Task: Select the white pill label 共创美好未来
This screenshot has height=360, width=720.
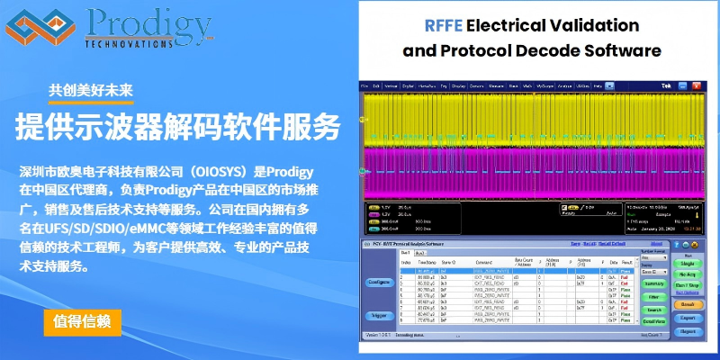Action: (x=91, y=90)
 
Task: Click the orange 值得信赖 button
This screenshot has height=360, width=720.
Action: (x=82, y=321)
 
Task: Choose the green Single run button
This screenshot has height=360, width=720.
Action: (x=687, y=264)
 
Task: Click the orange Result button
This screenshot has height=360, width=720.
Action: (x=687, y=304)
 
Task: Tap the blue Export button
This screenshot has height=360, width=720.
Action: (x=687, y=318)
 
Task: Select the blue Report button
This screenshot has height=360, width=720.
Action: (x=687, y=330)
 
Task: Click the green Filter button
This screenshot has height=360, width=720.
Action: (x=654, y=296)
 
